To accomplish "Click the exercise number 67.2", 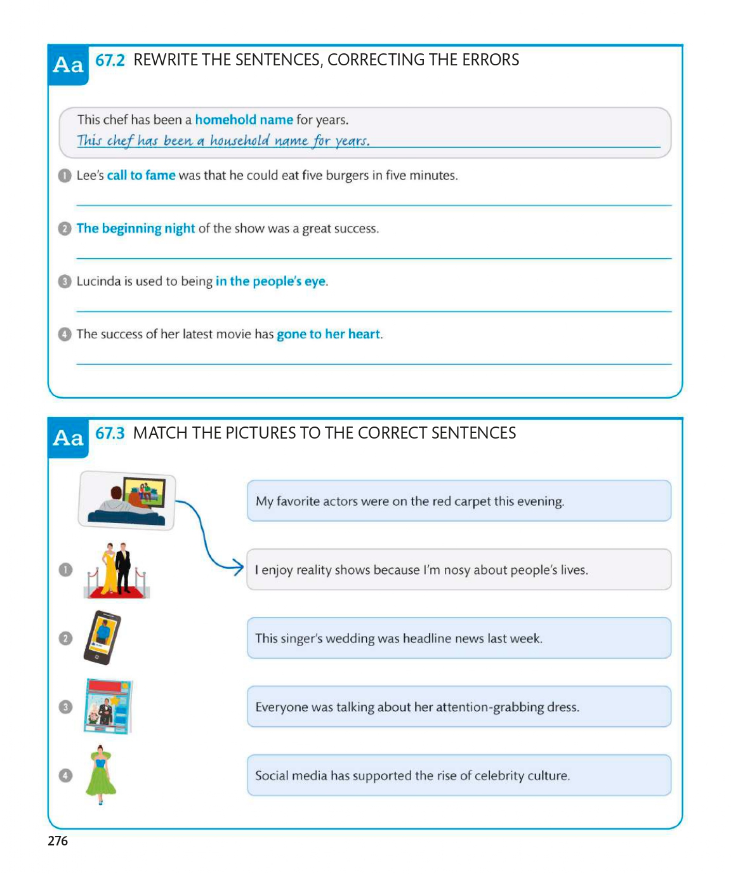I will tap(110, 60).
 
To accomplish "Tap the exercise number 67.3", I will tap(110, 434).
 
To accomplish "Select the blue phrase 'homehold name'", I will tap(244, 120).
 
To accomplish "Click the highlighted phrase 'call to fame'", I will tap(141, 175).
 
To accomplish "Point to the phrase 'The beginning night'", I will tap(135, 228).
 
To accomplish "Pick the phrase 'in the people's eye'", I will tap(270, 281).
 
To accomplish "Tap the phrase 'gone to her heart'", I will tap(328, 334).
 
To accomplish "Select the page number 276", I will tap(58, 841).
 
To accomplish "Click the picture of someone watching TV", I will tap(127, 500).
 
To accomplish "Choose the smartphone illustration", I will tap(102, 637).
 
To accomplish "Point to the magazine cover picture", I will tap(109, 706).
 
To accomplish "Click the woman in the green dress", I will tap(100, 774).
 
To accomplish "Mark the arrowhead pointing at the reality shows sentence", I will tap(238, 567).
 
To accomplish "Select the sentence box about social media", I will tap(458, 775).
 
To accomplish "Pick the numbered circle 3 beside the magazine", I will tap(65, 706).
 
